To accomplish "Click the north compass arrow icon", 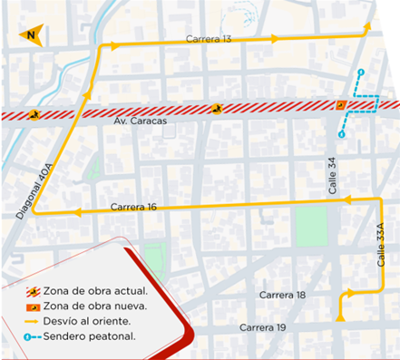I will pyautogui.click(x=31, y=35).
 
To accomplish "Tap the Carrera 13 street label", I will pyautogui.click(x=209, y=39).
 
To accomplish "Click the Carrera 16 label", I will pyautogui.click(x=134, y=208).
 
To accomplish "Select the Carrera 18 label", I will pyautogui.click(x=281, y=296).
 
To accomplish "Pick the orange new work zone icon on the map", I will pyautogui.click(x=340, y=105).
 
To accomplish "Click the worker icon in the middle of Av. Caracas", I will pyautogui.click(x=217, y=110).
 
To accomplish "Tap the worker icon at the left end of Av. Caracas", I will pyautogui.click(x=33, y=115).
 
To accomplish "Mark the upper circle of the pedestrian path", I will pyautogui.click(x=360, y=72).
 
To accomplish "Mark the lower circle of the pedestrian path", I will pyautogui.click(x=341, y=134).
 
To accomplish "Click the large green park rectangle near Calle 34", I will pyautogui.click(x=310, y=225).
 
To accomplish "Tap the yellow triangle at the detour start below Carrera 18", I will pyautogui.click(x=340, y=316).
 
